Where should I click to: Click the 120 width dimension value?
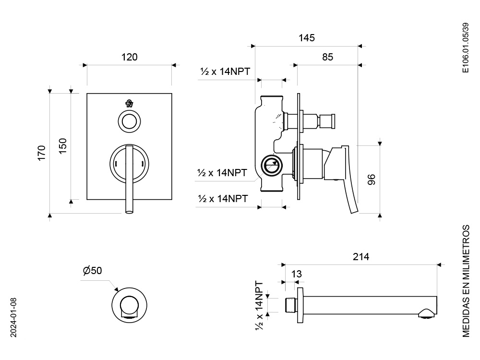(129, 57)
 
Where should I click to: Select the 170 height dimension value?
(41, 153)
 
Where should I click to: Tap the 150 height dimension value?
(62, 146)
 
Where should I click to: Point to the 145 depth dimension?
(306, 37)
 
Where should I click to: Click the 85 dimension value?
(327, 57)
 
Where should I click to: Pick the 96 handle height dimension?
(371, 180)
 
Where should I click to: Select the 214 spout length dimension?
(361, 256)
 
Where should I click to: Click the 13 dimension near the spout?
(296, 274)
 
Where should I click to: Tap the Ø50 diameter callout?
(92, 270)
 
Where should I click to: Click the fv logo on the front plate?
(130, 104)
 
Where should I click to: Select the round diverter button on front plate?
(130, 121)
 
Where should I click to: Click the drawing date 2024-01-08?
(13, 317)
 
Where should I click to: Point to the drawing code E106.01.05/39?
(465, 48)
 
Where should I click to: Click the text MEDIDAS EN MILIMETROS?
(466, 281)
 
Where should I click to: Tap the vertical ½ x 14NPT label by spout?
(259, 306)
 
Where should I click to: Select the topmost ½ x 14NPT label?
(225, 72)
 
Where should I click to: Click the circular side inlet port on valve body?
(271, 166)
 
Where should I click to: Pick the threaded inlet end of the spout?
(291, 305)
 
